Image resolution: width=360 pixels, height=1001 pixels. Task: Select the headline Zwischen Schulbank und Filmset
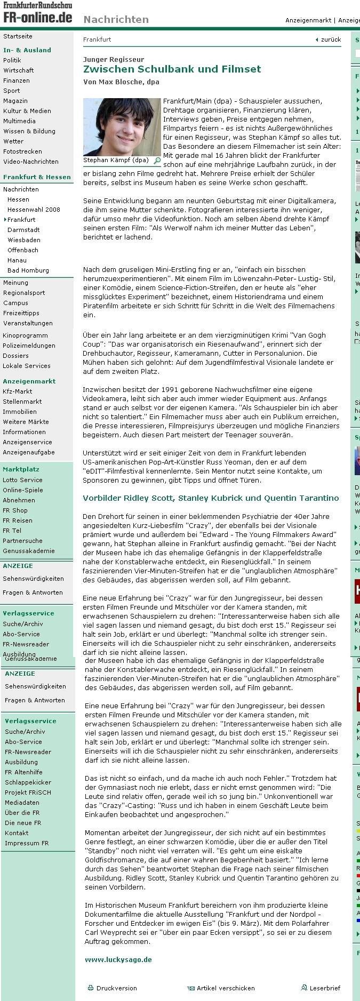pos(172,69)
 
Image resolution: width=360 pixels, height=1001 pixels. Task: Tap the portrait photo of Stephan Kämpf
pos(122,126)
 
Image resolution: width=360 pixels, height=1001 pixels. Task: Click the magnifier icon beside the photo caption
pos(157,160)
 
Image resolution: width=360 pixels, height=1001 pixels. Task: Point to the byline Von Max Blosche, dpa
pos(121,82)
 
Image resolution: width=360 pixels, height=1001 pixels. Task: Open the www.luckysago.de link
pos(118,959)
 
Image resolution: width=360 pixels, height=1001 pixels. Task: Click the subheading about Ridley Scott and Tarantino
pos(211,498)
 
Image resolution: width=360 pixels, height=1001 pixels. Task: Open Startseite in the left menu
pos(18,36)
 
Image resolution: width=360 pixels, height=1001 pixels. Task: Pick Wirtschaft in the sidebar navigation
pos(19,70)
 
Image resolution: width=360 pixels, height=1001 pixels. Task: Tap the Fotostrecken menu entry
pos(22,151)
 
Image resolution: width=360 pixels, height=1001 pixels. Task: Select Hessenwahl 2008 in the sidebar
pos(34,210)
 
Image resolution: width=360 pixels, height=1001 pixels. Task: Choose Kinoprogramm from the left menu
pos(25,335)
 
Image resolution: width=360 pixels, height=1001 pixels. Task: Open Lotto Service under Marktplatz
pos(22,480)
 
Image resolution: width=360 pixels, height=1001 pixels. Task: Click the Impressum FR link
pos(27,843)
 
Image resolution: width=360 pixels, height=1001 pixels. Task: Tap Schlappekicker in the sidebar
pos(28,782)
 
